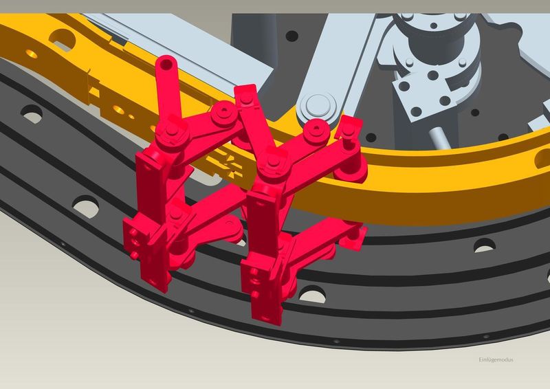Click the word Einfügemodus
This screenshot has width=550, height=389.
[x=496, y=359]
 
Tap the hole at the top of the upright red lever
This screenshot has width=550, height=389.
[x=166, y=64]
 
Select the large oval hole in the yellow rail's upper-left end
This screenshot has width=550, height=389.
[x=63, y=39]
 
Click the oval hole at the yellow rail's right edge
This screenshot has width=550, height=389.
[x=542, y=159]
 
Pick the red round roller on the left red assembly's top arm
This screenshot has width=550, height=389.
[x=223, y=113]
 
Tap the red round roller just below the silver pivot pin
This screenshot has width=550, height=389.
[x=316, y=131]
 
